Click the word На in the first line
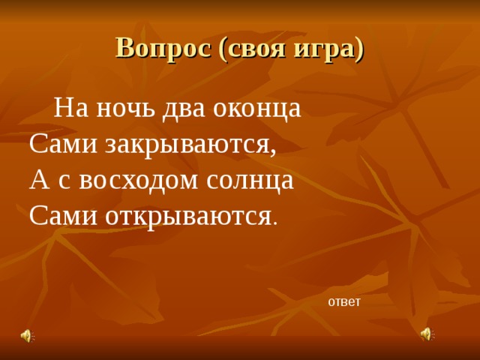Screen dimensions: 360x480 pyautogui.click(x=70, y=108)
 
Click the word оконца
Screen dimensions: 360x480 pyautogui.click(x=257, y=108)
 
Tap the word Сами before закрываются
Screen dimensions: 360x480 pyautogui.click(x=62, y=144)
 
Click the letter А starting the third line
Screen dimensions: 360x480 pyautogui.click(x=37, y=180)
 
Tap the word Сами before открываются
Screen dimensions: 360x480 pyautogui.click(x=62, y=216)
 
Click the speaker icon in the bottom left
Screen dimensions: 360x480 pyautogui.click(x=26, y=335)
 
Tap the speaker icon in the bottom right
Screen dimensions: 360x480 pyautogui.click(x=426, y=334)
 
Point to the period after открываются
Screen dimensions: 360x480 pyautogui.click(x=275, y=223)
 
